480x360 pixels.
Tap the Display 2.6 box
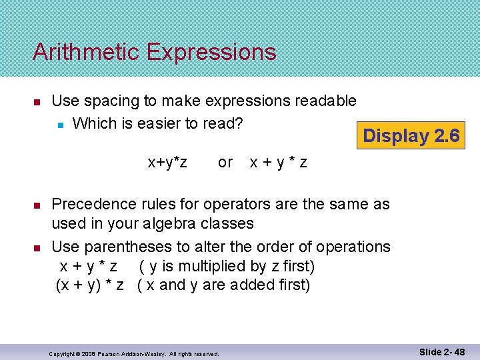pos(411,136)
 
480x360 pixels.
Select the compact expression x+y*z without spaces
pos(167,162)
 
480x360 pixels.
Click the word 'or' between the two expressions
pos(225,162)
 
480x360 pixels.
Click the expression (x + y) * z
pos(91,286)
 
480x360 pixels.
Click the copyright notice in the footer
pos(134,353)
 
